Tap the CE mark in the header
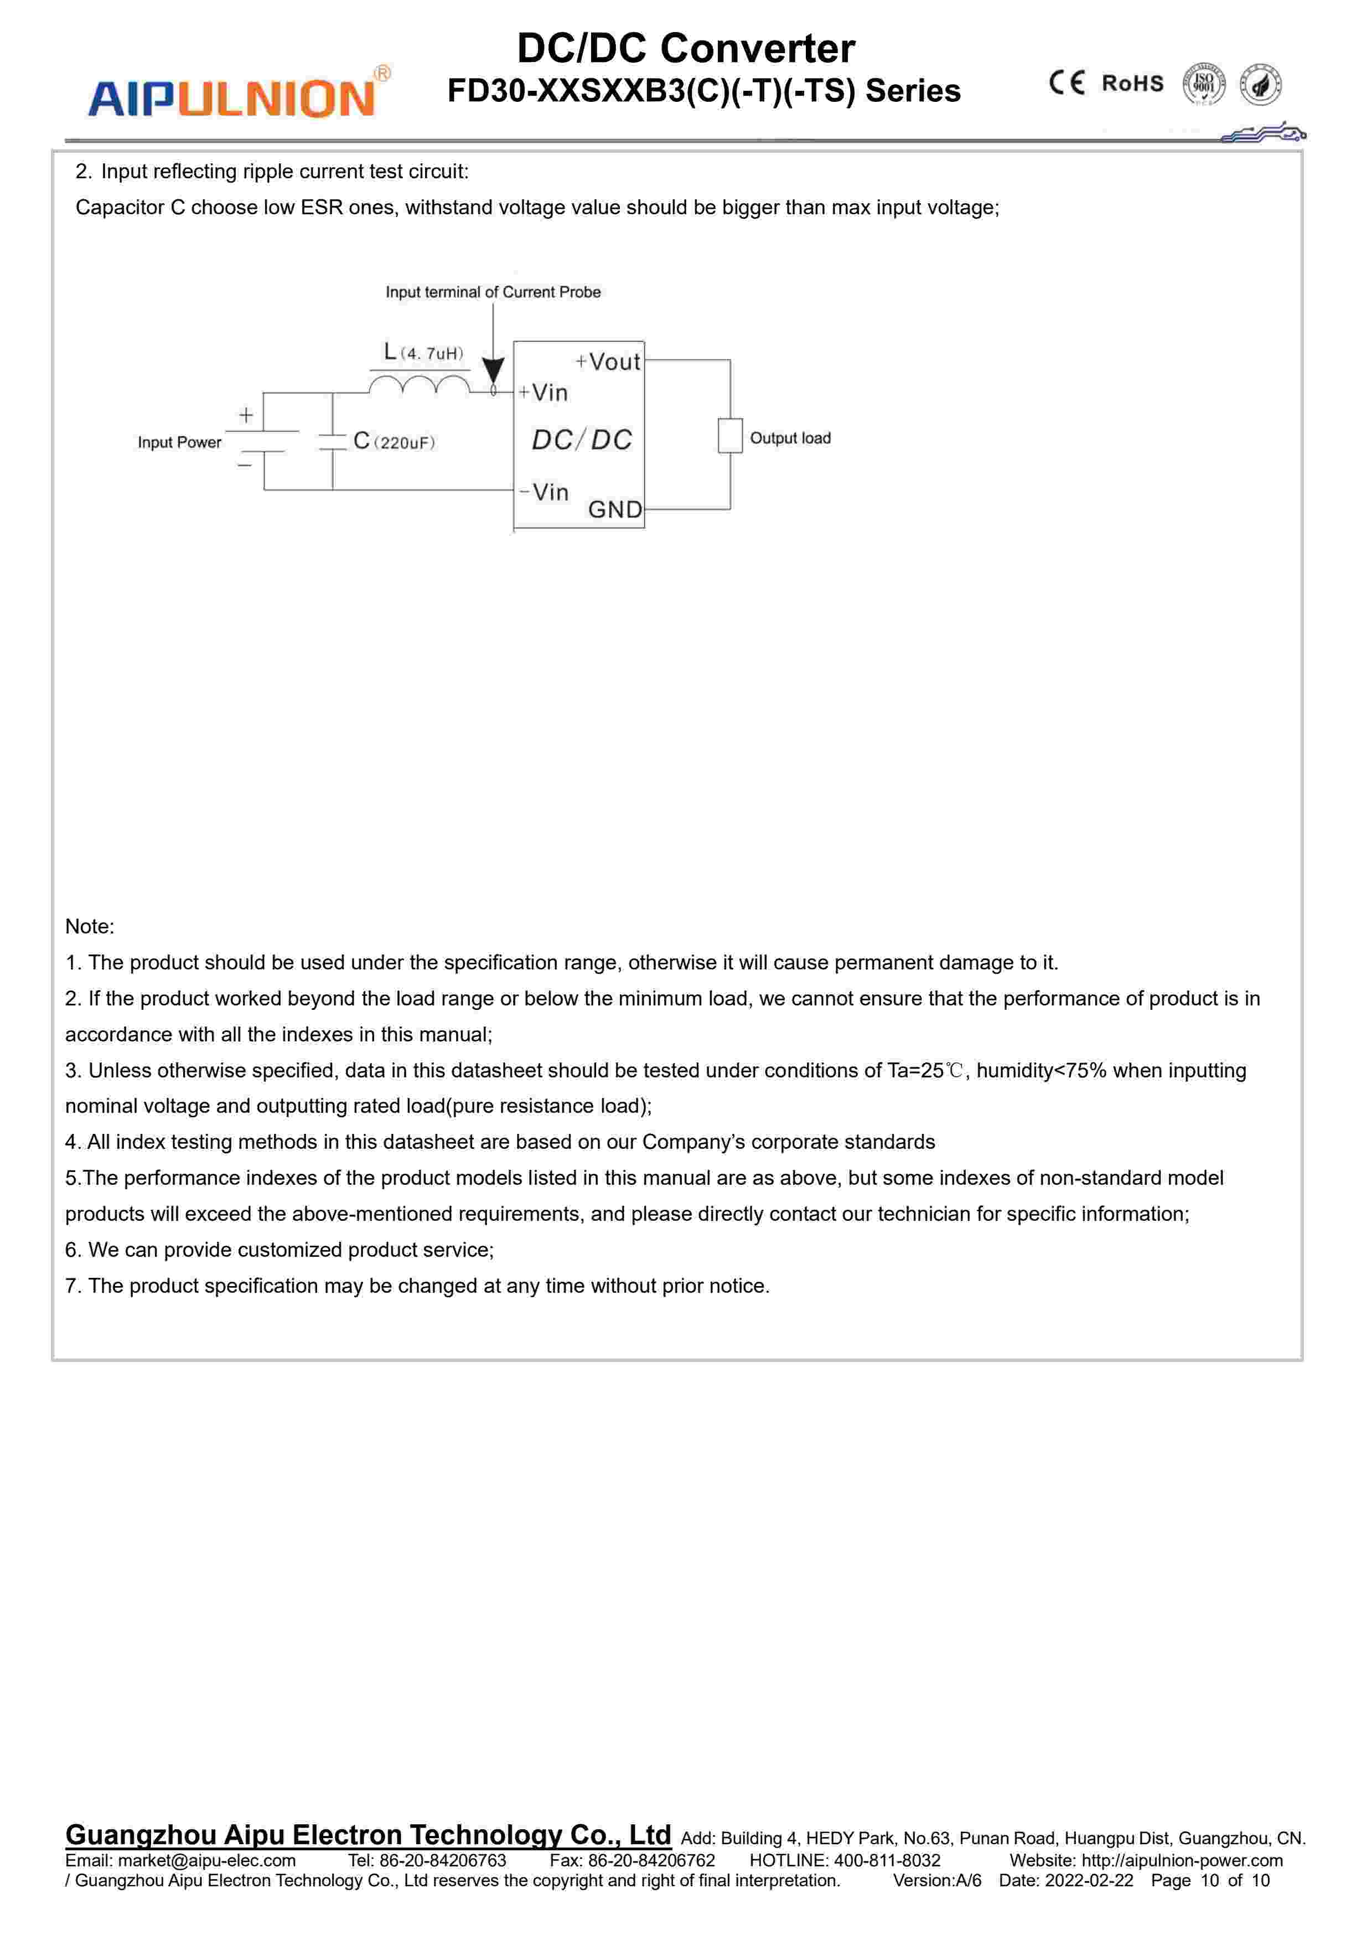click(1066, 83)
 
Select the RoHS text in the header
click(1132, 84)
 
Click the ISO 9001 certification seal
click(1203, 85)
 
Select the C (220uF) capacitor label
click(394, 441)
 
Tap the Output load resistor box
click(730, 436)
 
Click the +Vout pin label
click(608, 362)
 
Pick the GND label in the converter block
click(615, 509)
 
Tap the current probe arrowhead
click(493, 370)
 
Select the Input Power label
click(179, 442)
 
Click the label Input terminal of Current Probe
click(493, 292)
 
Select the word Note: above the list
click(90, 926)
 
